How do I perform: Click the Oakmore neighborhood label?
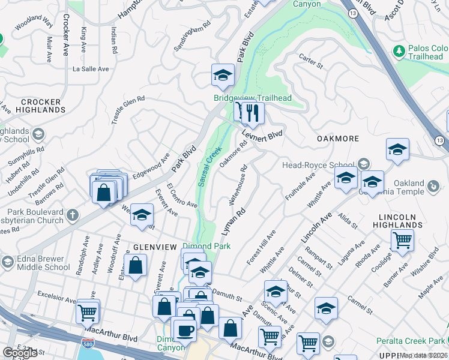pos(337,139)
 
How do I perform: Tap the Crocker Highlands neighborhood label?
pos(41,106)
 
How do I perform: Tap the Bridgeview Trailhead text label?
pos(253,98)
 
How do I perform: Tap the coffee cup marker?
pos(185,331)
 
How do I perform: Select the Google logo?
pos(20,353)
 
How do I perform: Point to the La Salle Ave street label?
pos(91,69)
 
